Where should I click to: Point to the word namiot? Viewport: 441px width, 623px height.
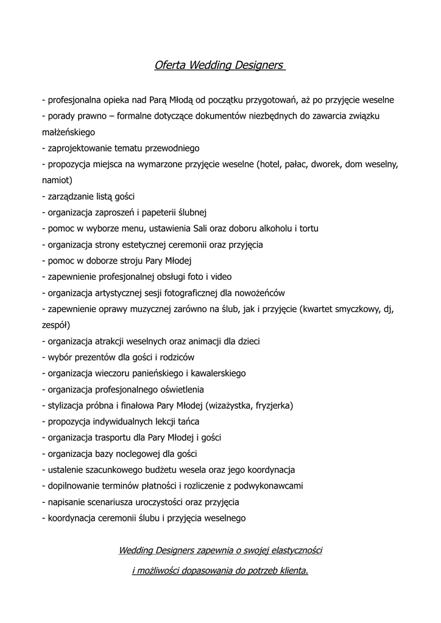tap(57, 180)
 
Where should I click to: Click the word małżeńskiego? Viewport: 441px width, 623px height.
tap(68, 131)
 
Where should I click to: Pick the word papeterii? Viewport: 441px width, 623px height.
tap(153, 212)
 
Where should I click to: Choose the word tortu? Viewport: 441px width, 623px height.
tap(308, 229)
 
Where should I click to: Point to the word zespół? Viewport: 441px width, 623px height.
tap(56, 325)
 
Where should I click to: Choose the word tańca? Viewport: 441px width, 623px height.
tap(188, 422)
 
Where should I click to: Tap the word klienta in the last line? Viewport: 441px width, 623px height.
tap(291, 571)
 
